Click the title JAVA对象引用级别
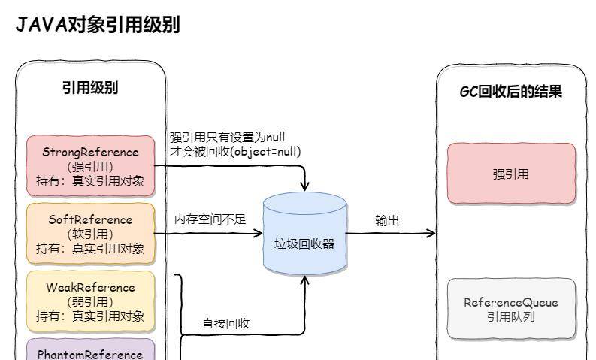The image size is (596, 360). [x=97, y=25]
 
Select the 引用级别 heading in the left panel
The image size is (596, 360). [x=90, y=88]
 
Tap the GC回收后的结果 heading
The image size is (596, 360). [x=511, y=92]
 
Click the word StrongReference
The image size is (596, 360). [x=90, y=152]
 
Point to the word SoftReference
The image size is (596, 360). [x=90, y=219]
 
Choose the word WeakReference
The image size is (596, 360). [x=90, y=287]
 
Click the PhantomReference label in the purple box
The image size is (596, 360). [x=90, y=353]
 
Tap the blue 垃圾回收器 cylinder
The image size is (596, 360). [x=304, y=234]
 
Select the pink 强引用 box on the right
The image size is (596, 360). [x=511, y=174]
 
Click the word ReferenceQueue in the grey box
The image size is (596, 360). [x=511, y=302]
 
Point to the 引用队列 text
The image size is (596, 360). [x=511, y=316]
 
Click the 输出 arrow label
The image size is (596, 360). [x=387, y=220]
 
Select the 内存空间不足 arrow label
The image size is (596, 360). [x=210, y=219]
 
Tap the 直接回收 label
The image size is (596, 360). [x=225, y=323]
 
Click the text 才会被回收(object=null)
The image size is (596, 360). [x=235, y=151]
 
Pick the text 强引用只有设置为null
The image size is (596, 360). [x=226, y=137]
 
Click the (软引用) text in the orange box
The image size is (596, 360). [x=90, y=234]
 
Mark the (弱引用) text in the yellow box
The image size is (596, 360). [x=90, y=301]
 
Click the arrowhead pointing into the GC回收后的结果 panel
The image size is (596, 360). [x=431, y=233]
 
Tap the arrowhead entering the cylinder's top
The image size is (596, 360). [x=304, y=186]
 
